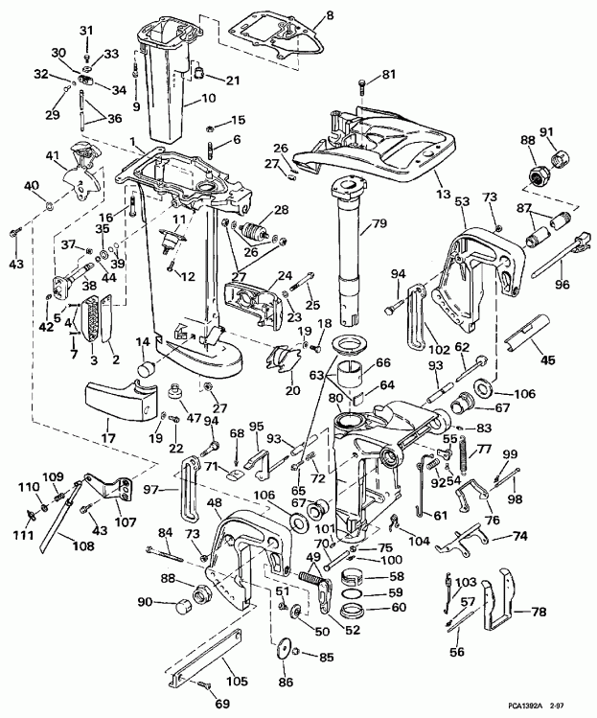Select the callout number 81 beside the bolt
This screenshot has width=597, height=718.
tap(388, 75)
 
